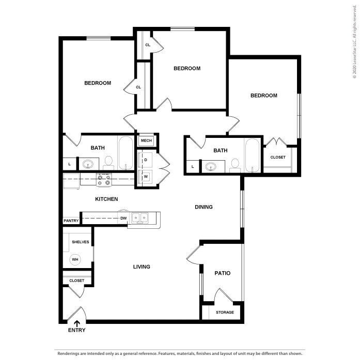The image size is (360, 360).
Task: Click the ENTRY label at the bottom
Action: coord(76,330)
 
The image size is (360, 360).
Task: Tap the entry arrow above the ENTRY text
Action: coord(76,323)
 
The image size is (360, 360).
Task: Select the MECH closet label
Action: coord(146,140)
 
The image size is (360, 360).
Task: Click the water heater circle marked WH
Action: coord(75,259)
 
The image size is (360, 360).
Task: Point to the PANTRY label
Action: coord(71,221)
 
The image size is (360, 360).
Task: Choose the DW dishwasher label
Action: coord(123,218)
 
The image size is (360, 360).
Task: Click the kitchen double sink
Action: coord(140,218)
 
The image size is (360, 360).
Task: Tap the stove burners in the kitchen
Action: coord(104,180)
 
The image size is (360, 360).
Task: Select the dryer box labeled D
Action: coord(146,160)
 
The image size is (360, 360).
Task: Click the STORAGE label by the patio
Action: coord(225,312)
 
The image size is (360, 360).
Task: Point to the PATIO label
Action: coord(223,273)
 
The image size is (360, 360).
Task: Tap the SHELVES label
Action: coord(80,242)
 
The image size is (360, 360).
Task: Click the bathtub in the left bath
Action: coord(126,153)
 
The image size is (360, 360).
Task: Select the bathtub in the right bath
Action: coord(252,155)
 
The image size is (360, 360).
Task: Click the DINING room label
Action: coord(204,207)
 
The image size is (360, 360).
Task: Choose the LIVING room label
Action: coord(142,267)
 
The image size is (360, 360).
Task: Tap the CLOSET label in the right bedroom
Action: coord(278,157)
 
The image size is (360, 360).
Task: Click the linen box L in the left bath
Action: coord(69,164)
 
